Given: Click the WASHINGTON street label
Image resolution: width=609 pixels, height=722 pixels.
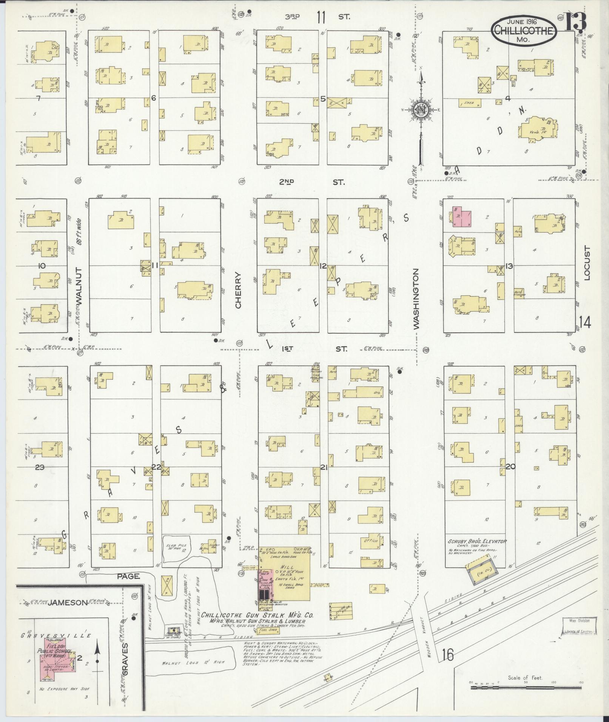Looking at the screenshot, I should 416,299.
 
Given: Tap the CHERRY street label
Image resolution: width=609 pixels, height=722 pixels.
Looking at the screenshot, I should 238,290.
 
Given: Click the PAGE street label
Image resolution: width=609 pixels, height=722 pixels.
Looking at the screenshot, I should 128,576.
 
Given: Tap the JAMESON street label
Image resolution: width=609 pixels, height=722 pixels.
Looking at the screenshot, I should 68,603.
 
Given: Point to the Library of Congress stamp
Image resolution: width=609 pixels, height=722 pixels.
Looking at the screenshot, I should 578,626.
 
